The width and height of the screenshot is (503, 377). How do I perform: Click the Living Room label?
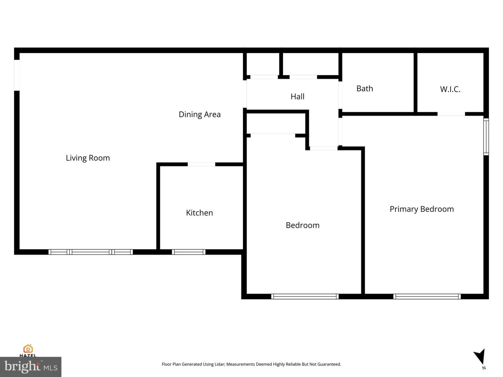[88, 158]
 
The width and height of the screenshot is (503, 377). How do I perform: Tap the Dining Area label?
[199, 114]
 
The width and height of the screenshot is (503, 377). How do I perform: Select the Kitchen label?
[199, 213]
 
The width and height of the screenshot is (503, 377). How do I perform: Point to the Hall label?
[298, 97]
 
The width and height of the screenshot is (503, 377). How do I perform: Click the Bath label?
[365, 89]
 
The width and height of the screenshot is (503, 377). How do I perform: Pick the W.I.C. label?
[450, 89]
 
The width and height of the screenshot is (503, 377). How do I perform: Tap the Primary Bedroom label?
[422, 209]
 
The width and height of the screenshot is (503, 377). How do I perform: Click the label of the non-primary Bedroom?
[302, 225]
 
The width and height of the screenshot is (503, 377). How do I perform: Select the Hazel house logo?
[28, 349]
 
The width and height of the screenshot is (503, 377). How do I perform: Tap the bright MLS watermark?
[31, 367]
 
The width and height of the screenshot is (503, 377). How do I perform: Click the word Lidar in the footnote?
[219, 364]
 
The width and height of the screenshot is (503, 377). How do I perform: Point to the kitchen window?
[189, 252]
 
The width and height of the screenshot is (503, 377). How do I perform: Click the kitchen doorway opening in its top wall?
[202, 164]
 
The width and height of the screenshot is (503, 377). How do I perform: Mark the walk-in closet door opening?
[451, 114]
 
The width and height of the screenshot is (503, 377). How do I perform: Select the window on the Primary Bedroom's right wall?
[486, 136]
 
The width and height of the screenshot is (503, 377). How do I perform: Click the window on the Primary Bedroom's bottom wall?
[427, 297]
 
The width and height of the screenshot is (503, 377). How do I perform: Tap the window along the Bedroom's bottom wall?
[305, 297]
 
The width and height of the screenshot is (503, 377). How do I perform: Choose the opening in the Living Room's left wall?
[17, 75]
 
